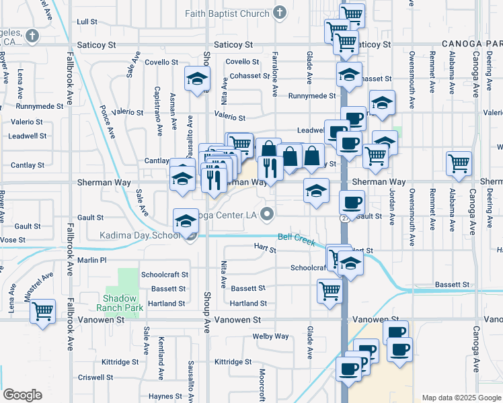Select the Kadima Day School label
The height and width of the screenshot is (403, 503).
pyautogui.click(x=139, y=235)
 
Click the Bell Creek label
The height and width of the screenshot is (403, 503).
pyautogui.click(x=296, y=237)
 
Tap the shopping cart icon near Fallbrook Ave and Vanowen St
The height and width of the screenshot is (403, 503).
pyautogui.click(x=42, y=311)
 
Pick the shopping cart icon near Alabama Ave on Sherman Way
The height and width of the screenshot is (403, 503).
pyautogui.click(x=459, y=163)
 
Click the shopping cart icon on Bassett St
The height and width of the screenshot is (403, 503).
pyautogui.click(x=330, y=291)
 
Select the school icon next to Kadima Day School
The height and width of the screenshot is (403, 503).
pyautogui.click(x=186, y=221)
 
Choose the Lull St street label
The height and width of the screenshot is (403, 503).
pyautogui.click(x=87, y=22)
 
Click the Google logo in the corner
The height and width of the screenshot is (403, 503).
pyautogui.click(x=22, y=395)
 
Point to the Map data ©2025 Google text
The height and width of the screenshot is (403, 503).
pyautogui.click(x=461, y=398)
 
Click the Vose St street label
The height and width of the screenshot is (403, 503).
pyautogui.click(x=13, y=240)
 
